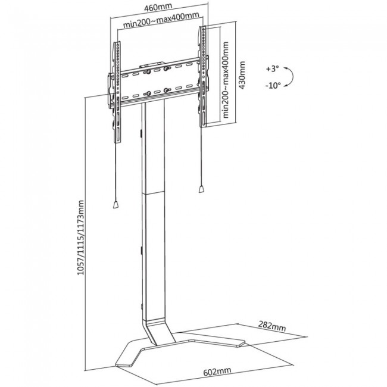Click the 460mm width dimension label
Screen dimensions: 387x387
(158, 7)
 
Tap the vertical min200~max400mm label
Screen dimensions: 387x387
(226, 79)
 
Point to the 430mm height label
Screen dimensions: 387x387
(242, 75)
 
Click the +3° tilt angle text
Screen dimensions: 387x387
(272, 68)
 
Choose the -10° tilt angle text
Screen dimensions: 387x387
(273, 86)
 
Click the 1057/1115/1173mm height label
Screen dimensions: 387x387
(81, 238)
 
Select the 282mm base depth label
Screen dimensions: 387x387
(272, 326)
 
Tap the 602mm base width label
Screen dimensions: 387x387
(217, 372)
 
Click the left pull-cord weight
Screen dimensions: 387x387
(116, 205)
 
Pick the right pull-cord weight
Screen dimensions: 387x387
(201, 189)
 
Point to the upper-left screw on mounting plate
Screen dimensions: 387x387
(149, 72)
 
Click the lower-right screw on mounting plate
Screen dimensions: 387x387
(166, 90)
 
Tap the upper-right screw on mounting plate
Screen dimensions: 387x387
(166, 68)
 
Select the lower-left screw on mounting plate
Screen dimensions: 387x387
(149, 93)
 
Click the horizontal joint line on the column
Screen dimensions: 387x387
(153, 192)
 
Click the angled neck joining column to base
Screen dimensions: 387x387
(158, 331)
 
